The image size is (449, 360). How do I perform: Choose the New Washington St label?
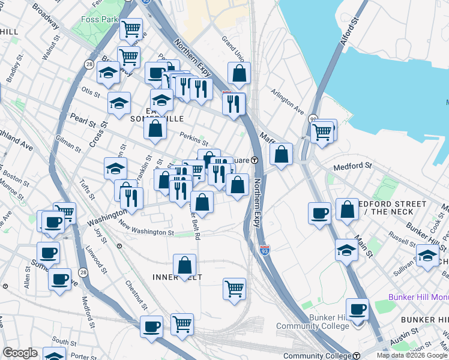tap(146, 230)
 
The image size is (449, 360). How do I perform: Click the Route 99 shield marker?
tap(313, 119)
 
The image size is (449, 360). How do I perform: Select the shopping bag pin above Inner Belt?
tap(185, 265)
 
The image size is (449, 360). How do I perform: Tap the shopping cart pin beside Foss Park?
tap(131, 29)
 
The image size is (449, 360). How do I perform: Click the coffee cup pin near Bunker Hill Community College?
tap(357, 310)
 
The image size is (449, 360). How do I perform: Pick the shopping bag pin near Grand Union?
tap(239, 74)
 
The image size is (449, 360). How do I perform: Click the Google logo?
tap(20, 353)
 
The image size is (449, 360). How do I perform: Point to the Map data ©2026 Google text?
tap(412, 355)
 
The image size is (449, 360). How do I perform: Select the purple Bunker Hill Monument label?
tap(418, 297)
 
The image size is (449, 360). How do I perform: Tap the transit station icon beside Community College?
tap(355, 356)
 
